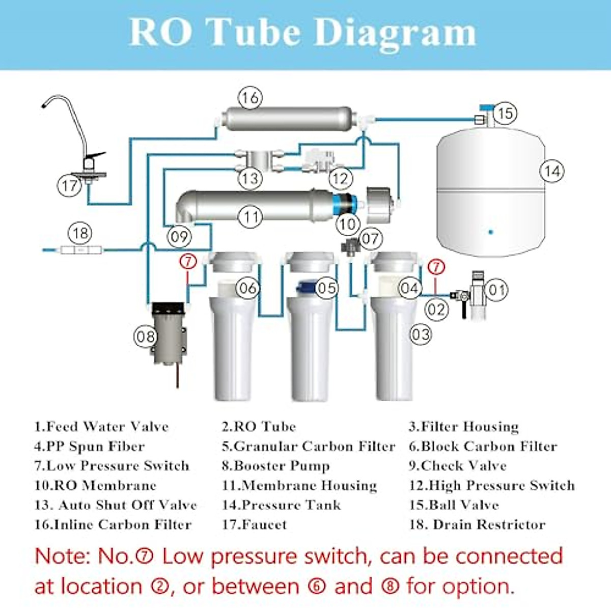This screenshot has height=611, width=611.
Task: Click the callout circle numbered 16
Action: [x=250, y=97]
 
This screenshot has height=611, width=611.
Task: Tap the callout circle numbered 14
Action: [x=552, y=171]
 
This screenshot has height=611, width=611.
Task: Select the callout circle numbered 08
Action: [x=146, y=337]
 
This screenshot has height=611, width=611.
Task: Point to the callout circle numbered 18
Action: [x=80, y=233]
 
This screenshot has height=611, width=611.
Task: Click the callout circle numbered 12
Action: [x=340, y=179]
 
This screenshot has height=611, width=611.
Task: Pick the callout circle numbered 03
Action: [x=421, y=334]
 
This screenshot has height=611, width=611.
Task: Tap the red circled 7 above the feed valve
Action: [x=436, y=267]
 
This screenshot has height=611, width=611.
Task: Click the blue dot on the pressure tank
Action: [x=490, y=232]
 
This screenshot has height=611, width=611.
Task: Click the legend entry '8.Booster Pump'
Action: [x=275, y=466]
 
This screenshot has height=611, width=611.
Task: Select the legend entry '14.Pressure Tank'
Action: [x=281, y=505]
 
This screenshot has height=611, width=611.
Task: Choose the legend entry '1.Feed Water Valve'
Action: [x=101, y=427]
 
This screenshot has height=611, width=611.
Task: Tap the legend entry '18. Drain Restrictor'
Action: [x=477, y=524]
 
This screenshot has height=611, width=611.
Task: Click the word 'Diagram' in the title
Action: [x=395, y=33]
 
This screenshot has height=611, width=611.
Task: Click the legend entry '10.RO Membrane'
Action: [x=95, y=485]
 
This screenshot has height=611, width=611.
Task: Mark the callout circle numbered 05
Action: [x=326, y=288]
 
